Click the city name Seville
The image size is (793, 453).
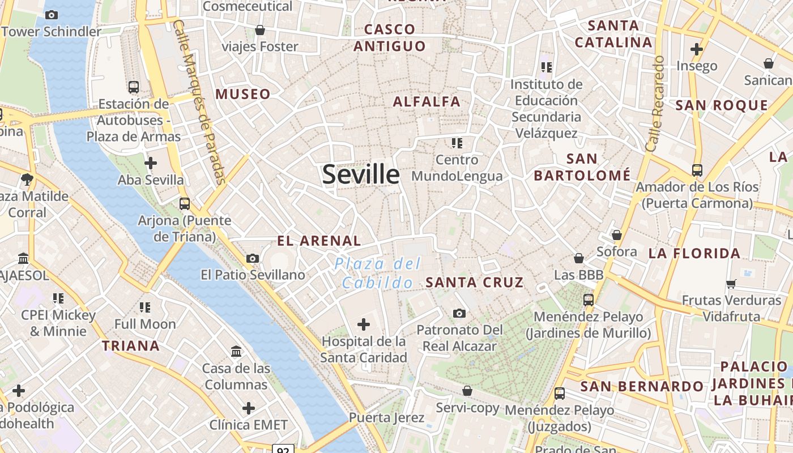click(361, 174)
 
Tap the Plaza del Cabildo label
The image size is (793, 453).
click(378, 273)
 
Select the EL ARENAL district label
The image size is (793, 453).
click(319, 241)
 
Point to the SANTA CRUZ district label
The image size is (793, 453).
click(475, 282)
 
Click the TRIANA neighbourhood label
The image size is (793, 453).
click(131, 345)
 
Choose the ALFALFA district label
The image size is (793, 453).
click(427, 102)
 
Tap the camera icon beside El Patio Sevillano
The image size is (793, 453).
click(253, 259)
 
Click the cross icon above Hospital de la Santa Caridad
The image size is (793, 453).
click(364, 324)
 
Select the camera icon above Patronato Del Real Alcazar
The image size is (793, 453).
click(459, 313)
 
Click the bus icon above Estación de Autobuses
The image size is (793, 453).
click(134, 87)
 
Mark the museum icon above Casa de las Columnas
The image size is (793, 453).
click(237, 352)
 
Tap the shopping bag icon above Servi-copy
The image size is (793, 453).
click(467, 391)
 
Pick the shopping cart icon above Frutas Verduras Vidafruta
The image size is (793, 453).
click(731, 283)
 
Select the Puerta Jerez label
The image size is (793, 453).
click(386, 418)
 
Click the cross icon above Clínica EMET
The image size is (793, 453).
click(249, 408)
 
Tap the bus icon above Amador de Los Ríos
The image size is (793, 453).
click(697, 170)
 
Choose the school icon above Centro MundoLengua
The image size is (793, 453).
click(457, 143)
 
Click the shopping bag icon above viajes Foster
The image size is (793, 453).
click(260, 30)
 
